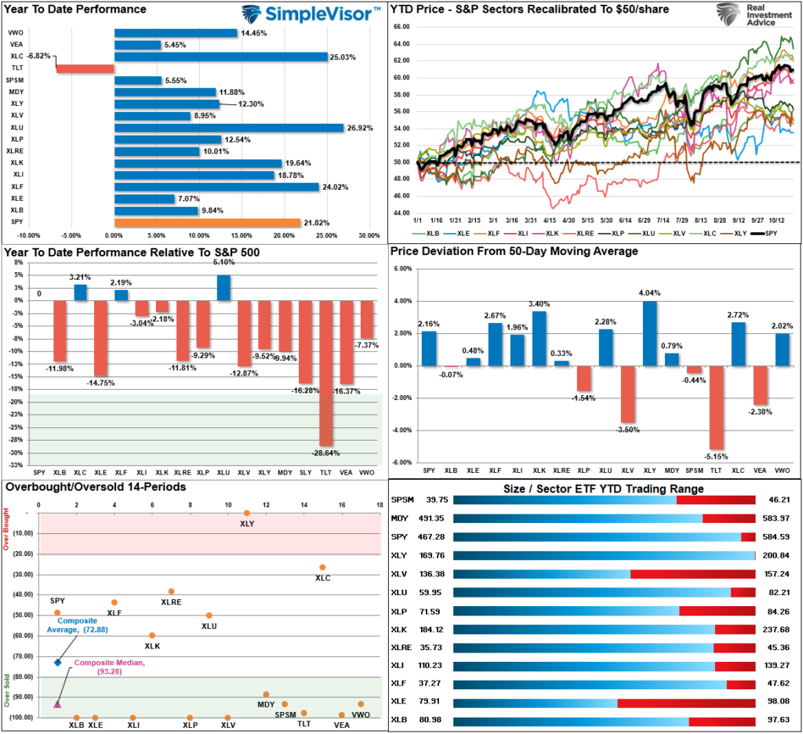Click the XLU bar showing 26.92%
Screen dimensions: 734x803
click(228, 128)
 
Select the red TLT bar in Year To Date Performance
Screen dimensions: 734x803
click(85, 68)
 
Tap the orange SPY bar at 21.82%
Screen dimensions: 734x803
click(207, 223)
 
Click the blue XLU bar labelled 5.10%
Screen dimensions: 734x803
click(223, 288)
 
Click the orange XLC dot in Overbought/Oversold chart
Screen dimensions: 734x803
click(322, 567)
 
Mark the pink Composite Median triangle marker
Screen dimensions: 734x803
click(57, 703)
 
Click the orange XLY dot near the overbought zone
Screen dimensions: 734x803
click(247, 513)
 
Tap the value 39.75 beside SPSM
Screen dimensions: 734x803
click(436, 499)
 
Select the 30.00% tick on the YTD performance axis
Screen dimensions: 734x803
click(369, 234)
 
